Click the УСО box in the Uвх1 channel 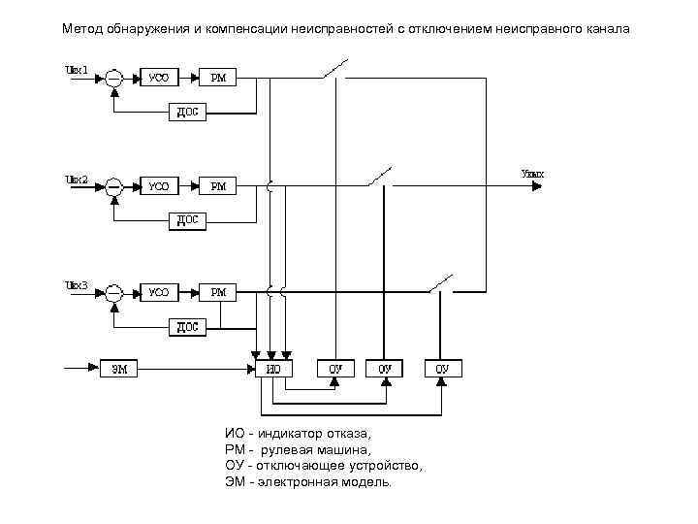point(157,78)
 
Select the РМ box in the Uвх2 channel point(218,184)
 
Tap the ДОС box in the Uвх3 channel point(187,327)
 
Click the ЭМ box point(119,368)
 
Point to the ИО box point(273,369)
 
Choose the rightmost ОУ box point(442,369)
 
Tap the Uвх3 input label point(77,284)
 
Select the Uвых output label point(532,175)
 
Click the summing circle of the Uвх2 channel point(114,184)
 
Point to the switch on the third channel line point(443,282)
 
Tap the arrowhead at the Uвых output point(532,184)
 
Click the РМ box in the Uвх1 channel point(218,78)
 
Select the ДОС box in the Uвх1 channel point(187,113)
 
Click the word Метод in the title point(83,28)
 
